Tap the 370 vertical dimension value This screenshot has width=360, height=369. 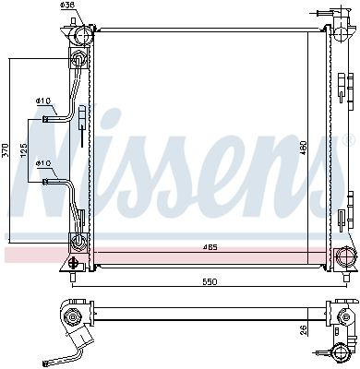[x=6, y=150]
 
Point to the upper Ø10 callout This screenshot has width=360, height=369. [x=43, y=101]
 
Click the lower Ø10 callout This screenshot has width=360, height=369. [x=43, y=163]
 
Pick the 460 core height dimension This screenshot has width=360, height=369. [x=304, y=149]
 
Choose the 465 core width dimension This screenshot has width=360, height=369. [x=211, y=247]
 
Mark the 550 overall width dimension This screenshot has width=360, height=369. [x=210, y=281]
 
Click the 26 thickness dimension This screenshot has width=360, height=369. [x=304, y=330]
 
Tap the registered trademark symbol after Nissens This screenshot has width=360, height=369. [x=348, y=140]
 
